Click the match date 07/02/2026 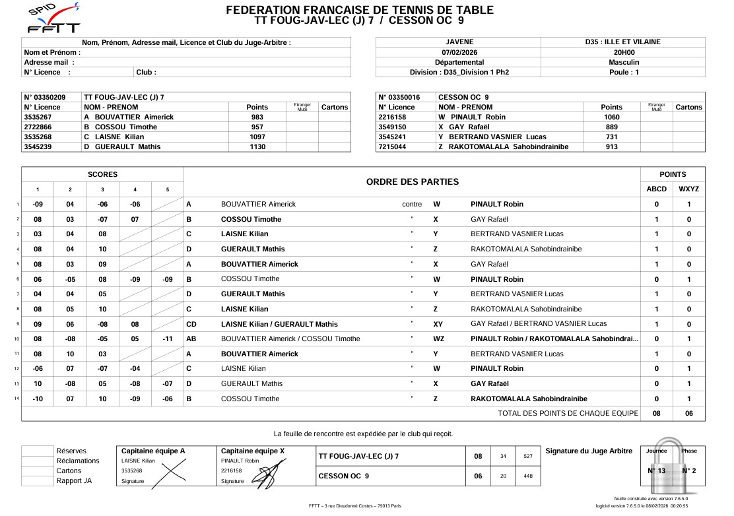[459, 52]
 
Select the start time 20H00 [624, 52]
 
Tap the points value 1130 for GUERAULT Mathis [257, 147]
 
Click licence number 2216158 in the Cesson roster [392, 117]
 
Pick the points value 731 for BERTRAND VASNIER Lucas [612, 137]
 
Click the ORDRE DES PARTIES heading [412, 181]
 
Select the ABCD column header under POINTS [656, 189]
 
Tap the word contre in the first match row [412, 205]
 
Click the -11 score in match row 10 [167, 339]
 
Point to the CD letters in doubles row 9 [191, 324]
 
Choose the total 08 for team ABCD [656, 413]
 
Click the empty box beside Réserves [37, 451]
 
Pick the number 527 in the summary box [528, 456]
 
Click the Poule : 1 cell [624, 73]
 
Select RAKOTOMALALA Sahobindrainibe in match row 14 [529, 399]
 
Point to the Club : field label [146, 73]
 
